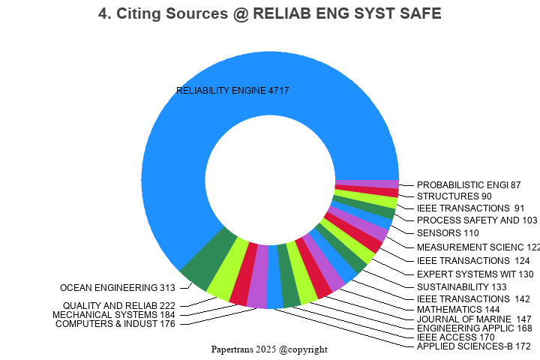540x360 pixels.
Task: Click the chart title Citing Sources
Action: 270,13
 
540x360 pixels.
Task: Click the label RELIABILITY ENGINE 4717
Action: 232,91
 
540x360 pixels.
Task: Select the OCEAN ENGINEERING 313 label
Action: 117,287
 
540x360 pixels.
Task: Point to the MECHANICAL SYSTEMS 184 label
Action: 113,315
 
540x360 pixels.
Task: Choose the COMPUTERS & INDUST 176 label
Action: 115,324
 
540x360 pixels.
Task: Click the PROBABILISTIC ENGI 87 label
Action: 468,184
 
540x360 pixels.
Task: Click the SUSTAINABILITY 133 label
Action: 461,286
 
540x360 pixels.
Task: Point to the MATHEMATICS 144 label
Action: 458,309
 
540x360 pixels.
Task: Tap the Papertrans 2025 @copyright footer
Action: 269,349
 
